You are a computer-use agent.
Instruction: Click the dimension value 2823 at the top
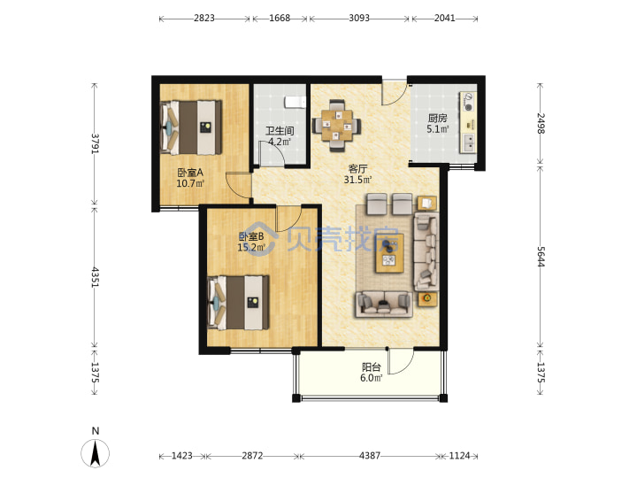click(204, 19)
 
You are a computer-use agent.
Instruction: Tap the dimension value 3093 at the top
click(359, 19)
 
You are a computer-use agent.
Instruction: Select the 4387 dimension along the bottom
click(369, 456)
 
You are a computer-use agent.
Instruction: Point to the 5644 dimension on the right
click(541, 257)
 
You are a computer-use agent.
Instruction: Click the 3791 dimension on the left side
click(95, 143)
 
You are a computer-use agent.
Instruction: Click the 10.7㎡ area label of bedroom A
click(190, 183)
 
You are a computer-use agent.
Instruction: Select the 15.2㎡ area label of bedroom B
click(251, 247)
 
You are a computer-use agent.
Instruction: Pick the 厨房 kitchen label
click(438, 119)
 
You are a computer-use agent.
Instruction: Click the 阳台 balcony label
click(372, 367)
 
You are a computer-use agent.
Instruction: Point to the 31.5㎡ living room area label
click(358, 179)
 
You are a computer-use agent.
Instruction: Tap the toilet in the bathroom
click(295, 102)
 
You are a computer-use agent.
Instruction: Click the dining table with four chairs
click(336, 125)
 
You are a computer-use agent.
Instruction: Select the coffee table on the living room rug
click(389, 253)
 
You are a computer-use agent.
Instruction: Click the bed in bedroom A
click(191, 127)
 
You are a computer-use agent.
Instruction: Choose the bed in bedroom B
click(238, 303)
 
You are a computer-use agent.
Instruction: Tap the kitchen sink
click(468, 143)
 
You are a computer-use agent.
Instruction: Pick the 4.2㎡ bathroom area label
click(280, 142)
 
